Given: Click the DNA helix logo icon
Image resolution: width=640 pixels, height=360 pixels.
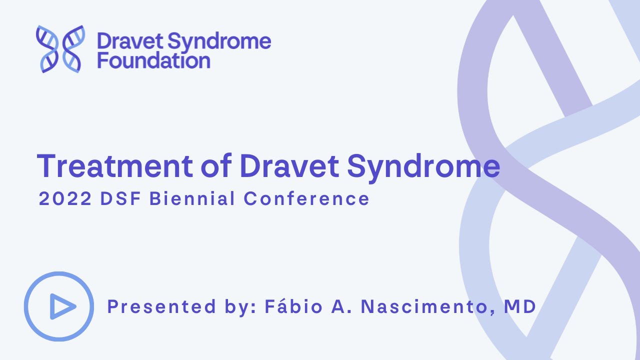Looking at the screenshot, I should (60, 49).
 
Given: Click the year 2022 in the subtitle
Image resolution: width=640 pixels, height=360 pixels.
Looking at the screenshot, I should (65, 199).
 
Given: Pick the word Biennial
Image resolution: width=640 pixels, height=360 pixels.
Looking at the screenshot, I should (192, 199).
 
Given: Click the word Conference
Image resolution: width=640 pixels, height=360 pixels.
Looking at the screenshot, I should (306, 199).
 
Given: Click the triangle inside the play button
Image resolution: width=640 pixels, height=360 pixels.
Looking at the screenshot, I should (61, 306).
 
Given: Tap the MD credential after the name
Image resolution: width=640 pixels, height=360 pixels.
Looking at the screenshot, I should (520, 306).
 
